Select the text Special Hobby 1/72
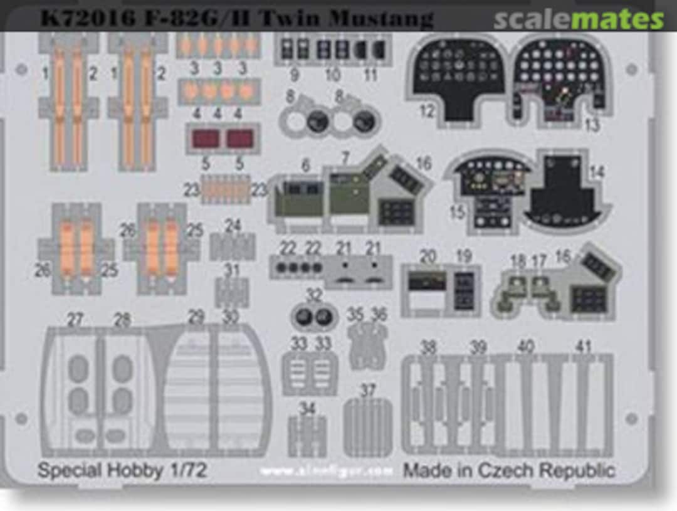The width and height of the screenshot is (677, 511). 122,470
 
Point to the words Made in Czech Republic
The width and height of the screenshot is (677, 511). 508,470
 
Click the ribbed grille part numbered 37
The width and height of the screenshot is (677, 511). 368,426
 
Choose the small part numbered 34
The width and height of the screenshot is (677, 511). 307,435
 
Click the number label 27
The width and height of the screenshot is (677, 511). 75,320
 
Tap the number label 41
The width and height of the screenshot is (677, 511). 584,347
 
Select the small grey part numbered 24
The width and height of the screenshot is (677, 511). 233,246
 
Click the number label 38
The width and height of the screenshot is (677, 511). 428,347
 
